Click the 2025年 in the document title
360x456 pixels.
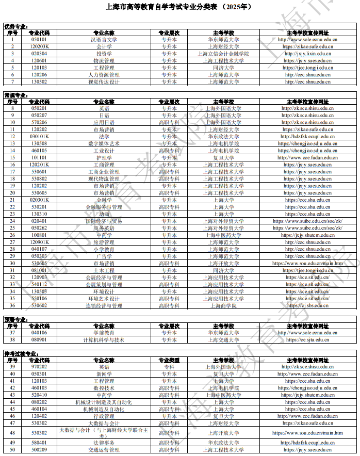click(x=239, y=7)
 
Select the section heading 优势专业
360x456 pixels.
click(x=16, y=26)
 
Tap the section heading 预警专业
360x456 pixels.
click(x=16, y=320)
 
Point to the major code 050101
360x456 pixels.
click(x=39, y=39)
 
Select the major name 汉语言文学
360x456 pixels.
click(x=104, y=39)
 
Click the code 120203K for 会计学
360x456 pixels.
click(x=39, y=46)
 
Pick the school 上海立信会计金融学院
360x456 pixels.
click(x=223, y=54)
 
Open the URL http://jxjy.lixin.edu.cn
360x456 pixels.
click(x=307, y=54)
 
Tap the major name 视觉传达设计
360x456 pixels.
click(x=104, y=82)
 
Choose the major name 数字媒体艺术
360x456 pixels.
click(x=104, y=143)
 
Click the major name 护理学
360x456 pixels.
click(x=104, y=158)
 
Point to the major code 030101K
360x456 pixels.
click(x=39, y=137)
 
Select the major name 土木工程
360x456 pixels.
click(x=104, y=270)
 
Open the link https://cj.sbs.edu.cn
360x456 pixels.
click(x=307, y=305)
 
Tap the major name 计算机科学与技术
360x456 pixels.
click(x=104, y=340)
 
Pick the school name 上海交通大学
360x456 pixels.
click(x=223, y=340)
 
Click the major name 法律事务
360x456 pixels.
click(x=104, y=443)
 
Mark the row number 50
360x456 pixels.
click(x=12, y=450)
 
